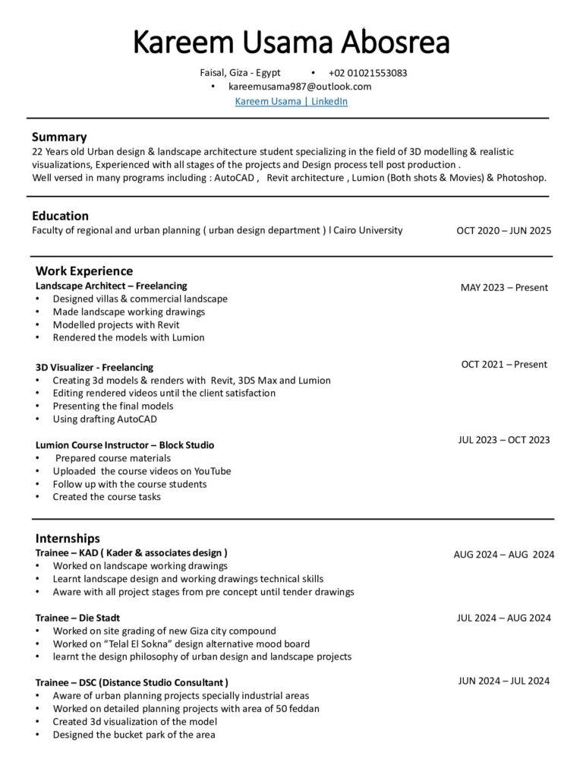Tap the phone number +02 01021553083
(367, 74)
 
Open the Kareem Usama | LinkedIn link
(291, 101)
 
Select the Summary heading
(59, 138)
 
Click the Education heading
(60, 216)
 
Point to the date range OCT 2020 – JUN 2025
(503, 231)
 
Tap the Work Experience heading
(84, 271)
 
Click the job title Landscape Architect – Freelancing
(111, 286)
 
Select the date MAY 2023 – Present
(503, 287)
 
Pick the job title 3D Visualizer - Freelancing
(94, 367)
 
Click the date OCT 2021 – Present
(503, 365)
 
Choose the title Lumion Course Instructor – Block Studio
(124, 445)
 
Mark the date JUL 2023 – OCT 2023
(503, 440)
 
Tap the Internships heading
(68, 539)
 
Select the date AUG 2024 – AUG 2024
(503, 555)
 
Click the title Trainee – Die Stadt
(77, 618)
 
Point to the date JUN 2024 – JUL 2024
(503, 681)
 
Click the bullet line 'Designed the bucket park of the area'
(134, 735)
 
